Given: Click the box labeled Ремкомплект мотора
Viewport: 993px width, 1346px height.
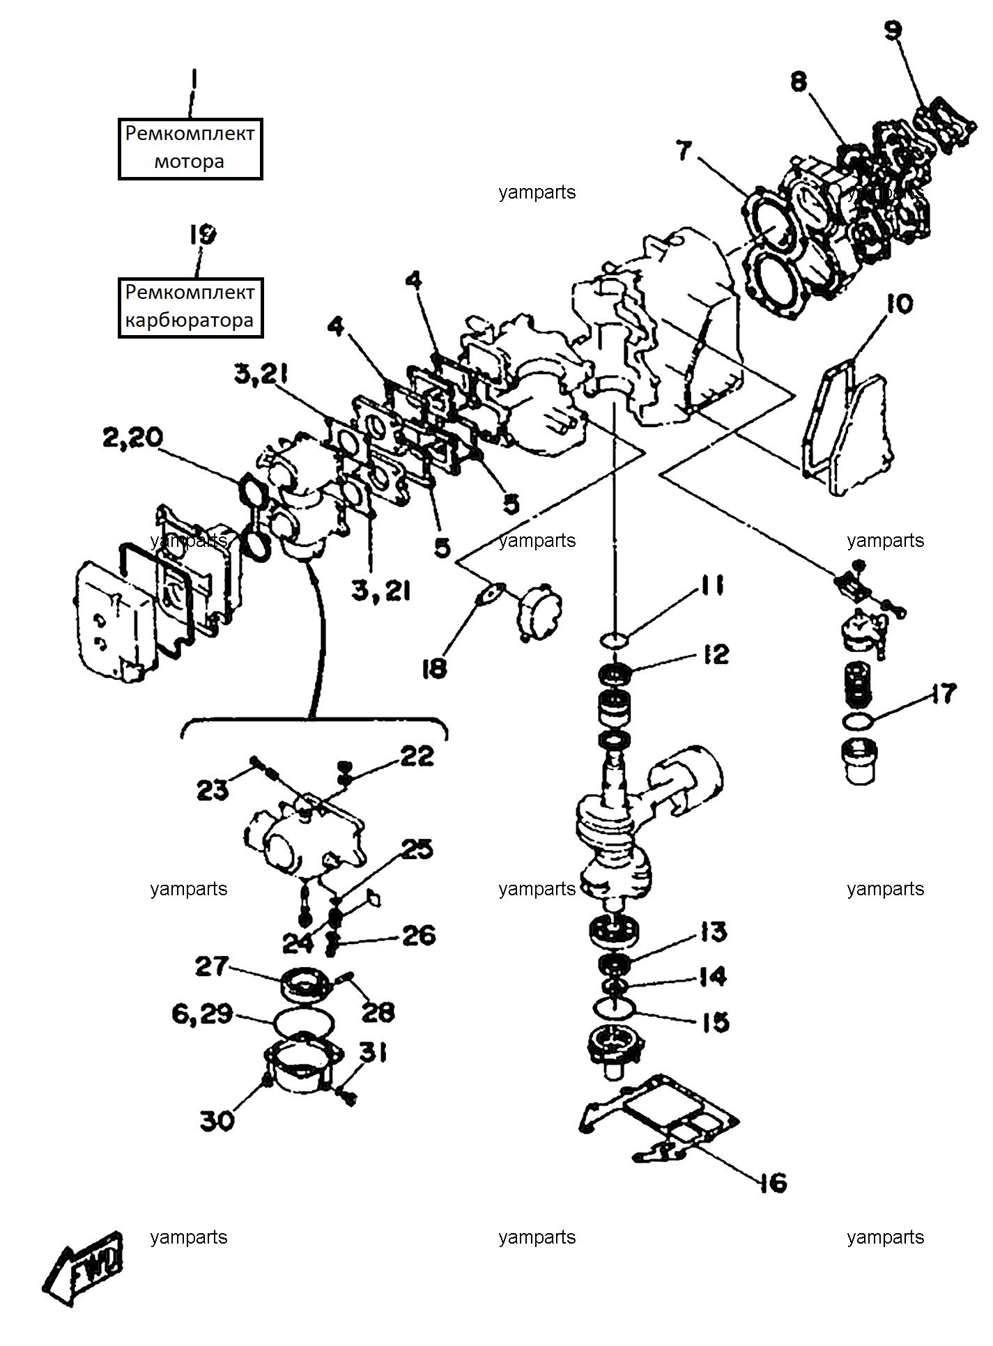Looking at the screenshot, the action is (190, 149).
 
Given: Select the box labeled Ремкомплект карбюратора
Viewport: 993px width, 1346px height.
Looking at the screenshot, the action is (190, 307).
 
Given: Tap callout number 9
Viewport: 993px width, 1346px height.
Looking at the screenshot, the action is (893, 31).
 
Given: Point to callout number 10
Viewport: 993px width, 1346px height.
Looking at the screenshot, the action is (900, 304).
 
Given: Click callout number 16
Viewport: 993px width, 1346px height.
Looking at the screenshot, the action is (773, 1183).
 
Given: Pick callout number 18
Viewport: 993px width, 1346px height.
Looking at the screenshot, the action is (433, 669).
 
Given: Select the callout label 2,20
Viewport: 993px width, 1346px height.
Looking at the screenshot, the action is (132, 438).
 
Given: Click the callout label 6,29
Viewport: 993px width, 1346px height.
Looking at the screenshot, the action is (202, 1014).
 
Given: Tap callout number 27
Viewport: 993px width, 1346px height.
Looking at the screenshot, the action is (212, 966).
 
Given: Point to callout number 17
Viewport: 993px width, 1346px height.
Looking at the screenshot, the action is (944, 693).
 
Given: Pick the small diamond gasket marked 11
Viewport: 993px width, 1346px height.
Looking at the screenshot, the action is (614, 640).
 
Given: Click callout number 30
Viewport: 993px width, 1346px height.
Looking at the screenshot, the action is (217, 1121).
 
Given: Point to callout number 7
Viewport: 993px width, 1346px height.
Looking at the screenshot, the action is (684, 150).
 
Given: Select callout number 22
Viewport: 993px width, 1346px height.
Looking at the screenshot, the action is (417, 756).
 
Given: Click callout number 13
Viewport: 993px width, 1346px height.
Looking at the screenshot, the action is (713, 932).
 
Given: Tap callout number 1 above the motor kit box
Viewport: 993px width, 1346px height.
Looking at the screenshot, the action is (194, 79).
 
